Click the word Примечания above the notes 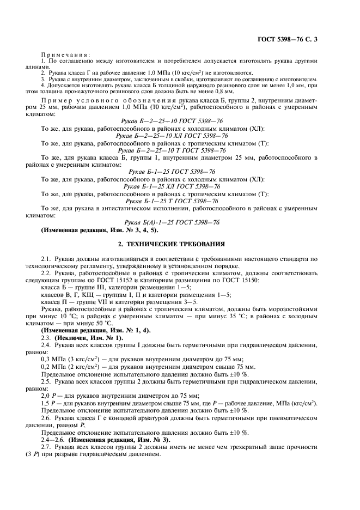[66, 54]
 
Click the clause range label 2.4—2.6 [53, 439]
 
